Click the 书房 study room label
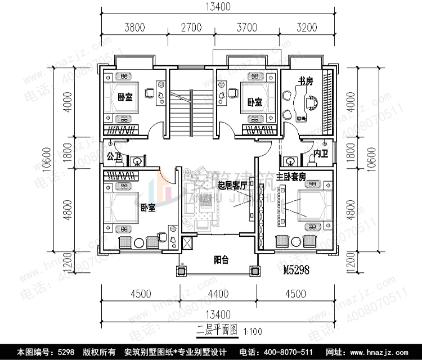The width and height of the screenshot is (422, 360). tap(306, 82)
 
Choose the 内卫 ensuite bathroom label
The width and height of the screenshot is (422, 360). tap(321, 153)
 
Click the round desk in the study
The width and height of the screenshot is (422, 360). tap(311, 103)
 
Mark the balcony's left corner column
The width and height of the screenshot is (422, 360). tap(181, 270)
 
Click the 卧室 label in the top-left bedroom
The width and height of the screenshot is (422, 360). tap(125, 97)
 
